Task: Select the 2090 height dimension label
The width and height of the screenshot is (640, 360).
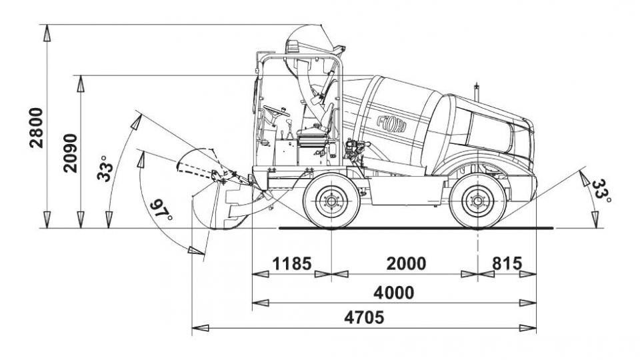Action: [x=70, y=153]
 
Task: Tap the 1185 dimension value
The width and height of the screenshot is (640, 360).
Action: [x=291, y=263]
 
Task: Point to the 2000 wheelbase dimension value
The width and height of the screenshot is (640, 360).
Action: [x=406, y=263]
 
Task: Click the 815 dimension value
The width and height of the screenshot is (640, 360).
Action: [x=507, y=263]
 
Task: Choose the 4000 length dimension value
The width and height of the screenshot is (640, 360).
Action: [x=393, y=293]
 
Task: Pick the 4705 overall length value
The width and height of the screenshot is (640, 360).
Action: [x=363, y=317]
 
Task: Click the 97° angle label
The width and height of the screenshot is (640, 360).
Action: [x=161, y=213]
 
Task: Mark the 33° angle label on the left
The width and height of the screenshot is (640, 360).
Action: [x=105, y=168]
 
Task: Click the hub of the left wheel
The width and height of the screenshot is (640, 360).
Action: [x=331, y=200]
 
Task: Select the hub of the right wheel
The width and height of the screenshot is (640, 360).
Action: [x=477, y=200]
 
